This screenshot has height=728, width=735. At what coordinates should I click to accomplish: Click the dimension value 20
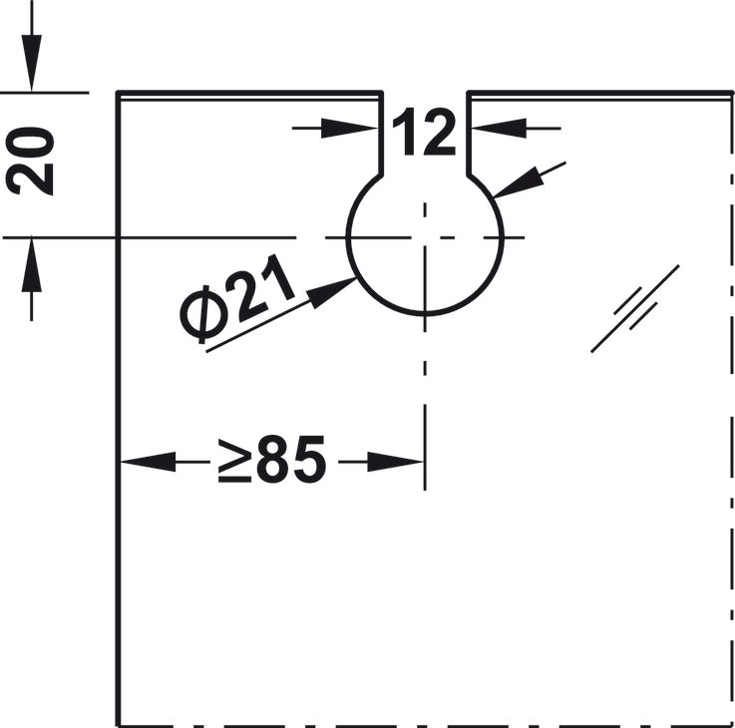click(30, 161)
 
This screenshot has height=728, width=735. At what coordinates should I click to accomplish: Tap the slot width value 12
click(424, 132)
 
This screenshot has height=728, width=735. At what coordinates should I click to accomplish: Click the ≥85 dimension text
click(272, 460)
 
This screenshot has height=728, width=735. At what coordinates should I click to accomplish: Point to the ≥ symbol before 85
click(234, 462)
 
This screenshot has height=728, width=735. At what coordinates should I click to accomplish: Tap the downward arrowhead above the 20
click(31, 63)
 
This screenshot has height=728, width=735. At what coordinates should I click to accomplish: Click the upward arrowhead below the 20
click(31, 265)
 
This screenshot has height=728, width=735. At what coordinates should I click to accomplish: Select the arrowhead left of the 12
click(350, 128)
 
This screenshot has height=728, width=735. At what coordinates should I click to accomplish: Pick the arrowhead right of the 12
click(499, 128)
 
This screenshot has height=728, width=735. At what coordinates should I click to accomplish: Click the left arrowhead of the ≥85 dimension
click(149, 462)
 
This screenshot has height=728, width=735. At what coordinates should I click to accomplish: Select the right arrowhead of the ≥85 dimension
click(395, 462)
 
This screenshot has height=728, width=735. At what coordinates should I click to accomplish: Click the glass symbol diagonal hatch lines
click(635, 308)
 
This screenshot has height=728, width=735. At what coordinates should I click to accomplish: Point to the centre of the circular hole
click(425, 237)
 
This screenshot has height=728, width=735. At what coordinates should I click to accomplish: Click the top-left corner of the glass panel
click(118, 93)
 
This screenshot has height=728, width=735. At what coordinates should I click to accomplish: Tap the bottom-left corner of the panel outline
click(118, 725)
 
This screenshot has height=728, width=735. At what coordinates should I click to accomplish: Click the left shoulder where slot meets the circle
click(381, 176)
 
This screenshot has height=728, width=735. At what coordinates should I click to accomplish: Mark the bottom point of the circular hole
click(425, 313)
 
